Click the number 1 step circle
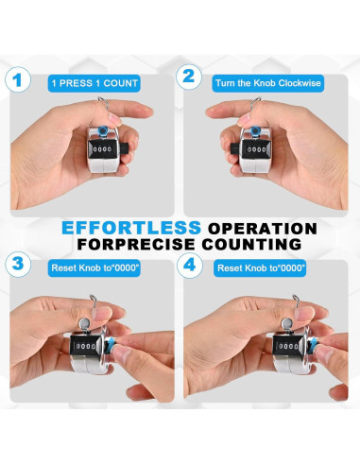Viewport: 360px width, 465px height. point(18,79)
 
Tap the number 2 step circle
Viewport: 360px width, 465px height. point(189,77)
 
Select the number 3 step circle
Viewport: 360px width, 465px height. point(18,264)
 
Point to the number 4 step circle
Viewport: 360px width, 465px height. point(189,266)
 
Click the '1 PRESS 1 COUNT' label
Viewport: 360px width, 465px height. point(94,83)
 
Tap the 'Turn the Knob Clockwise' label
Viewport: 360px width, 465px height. point(268,83)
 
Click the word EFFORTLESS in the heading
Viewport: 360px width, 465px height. point(131,228)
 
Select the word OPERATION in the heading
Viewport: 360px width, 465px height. point(262,229)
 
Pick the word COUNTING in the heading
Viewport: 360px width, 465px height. point(251,244)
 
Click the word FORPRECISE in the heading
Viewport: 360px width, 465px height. point(136,244)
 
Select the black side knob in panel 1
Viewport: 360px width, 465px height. point(123,147)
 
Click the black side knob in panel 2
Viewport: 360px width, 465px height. point(236,148)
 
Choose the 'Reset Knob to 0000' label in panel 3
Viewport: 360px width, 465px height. point(94,268)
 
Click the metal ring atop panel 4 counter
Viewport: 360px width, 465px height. point(295,301)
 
